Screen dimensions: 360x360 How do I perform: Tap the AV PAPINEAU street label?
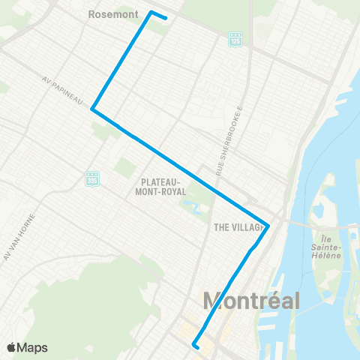67,89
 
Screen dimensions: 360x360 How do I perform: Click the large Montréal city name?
251,301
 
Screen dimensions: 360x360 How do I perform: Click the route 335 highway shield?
93,178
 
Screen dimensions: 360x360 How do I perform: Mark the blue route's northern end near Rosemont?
165,18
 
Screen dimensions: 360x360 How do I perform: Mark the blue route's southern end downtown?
194,346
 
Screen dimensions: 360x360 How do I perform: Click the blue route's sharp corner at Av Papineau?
92,109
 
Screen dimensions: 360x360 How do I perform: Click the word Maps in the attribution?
33,347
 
